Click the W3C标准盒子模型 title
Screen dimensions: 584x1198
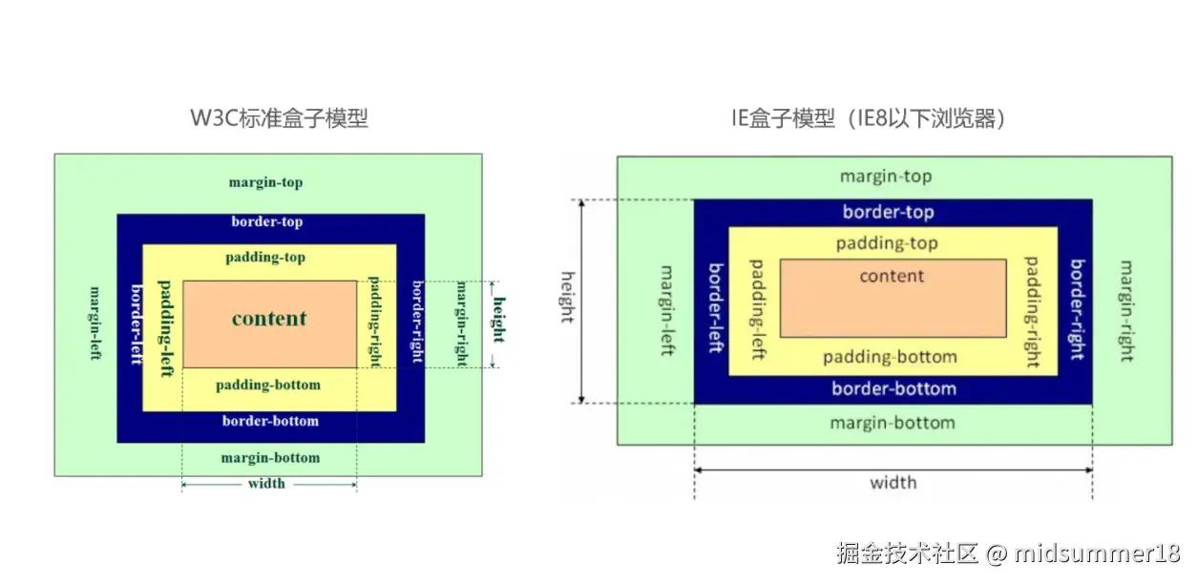[279, 119]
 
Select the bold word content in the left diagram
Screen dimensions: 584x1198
[269, 319]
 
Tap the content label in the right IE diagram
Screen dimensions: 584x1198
[892, 277]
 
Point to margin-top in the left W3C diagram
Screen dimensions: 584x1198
[265, 182]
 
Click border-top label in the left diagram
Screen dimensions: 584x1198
[267, 222]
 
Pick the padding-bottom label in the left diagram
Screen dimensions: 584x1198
[268, 386]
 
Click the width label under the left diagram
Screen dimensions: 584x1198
[266, 484]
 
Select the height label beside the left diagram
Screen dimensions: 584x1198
[498, 323]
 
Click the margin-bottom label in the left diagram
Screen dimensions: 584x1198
[270, 458]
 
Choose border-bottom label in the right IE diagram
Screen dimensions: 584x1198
[893, 389]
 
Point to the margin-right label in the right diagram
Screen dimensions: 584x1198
[1125, 311]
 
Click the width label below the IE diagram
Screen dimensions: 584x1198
[893, 483]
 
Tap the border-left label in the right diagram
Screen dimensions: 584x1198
[713, 306]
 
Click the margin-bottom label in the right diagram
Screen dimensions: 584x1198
[892, 423]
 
